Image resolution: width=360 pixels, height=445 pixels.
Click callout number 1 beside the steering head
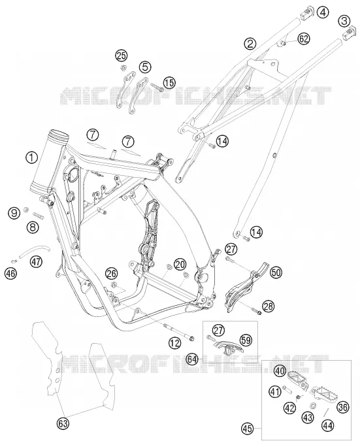[x=32, y=157]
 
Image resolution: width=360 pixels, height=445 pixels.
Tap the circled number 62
[x=304, y=39]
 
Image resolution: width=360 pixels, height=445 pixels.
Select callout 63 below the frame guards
[x=63, y=424]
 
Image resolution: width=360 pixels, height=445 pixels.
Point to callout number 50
[x=276, y=272]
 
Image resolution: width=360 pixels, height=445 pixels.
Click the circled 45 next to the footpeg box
[x=248, y=429]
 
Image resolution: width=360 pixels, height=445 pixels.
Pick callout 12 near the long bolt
[x=174, y=344]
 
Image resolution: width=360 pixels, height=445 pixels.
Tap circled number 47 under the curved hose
[x=37, y=261]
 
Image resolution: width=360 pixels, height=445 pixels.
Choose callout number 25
[x=122, y=56]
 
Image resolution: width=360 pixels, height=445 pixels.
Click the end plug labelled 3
[x=350, y=33]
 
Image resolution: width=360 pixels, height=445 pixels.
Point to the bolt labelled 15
[x=156, y=86]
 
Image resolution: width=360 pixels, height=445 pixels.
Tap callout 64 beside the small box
[x=192, y=360]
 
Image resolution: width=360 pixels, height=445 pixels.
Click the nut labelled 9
[x=26, y=210]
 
